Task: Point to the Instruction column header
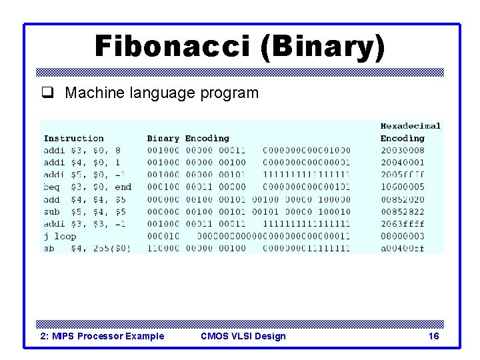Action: click(73, 139)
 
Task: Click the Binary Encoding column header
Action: click(188, 139)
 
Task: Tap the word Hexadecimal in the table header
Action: click(410, 126)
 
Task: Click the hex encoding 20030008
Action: click(402, 151)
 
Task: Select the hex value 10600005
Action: click(402, 187)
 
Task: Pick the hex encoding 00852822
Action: click(402, 212)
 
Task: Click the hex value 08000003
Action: click(402, 236)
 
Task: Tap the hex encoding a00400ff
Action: click(402, 249)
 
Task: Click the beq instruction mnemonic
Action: click(51, 187)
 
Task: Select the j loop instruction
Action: click(60, 236)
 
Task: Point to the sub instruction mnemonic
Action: click(51, 212)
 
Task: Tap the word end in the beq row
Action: click(123, 187)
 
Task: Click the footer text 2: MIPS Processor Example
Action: click(103, 336)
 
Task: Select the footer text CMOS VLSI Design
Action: click(243, 336)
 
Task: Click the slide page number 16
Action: click(433, 336)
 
